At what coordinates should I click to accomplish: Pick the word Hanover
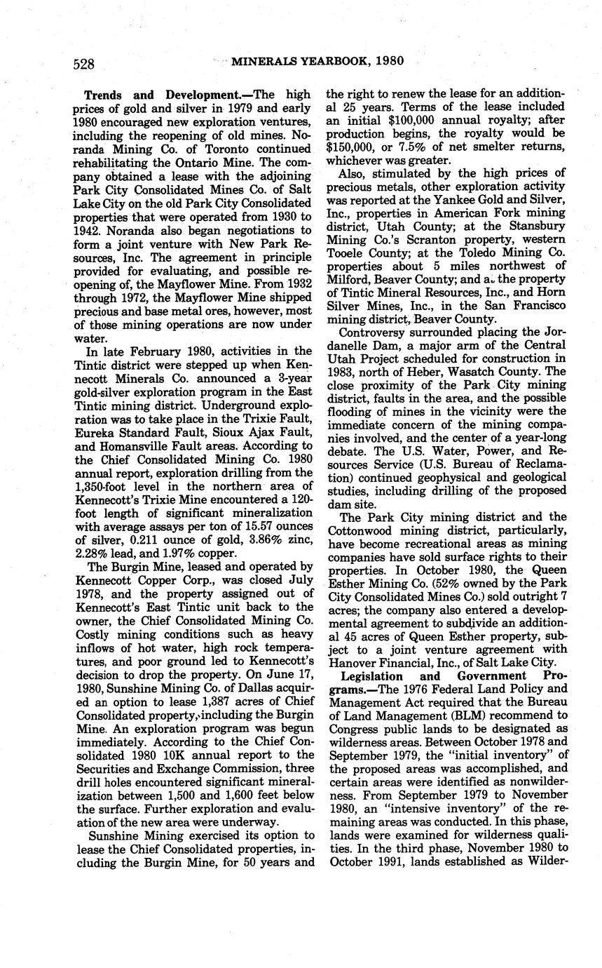pyautogui.click(x=351, y=663)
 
